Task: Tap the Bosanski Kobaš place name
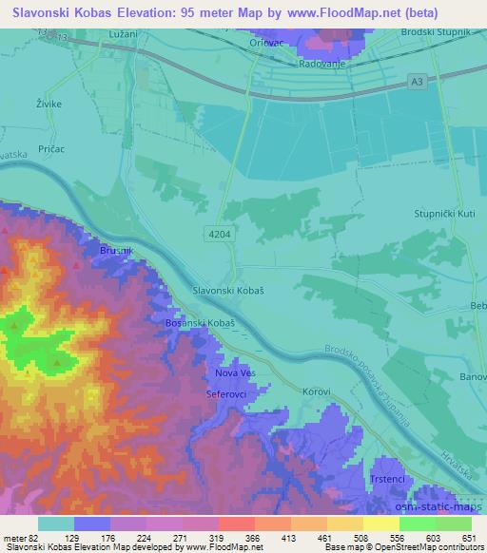tap(201, 324)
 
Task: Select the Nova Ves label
tap(234, 373)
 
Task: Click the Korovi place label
tap(317, 391)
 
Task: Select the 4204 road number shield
tap(218, 232)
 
